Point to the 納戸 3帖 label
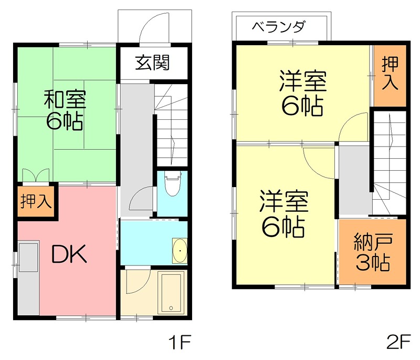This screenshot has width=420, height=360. [372, 254]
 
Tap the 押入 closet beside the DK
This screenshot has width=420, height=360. [35, 201]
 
